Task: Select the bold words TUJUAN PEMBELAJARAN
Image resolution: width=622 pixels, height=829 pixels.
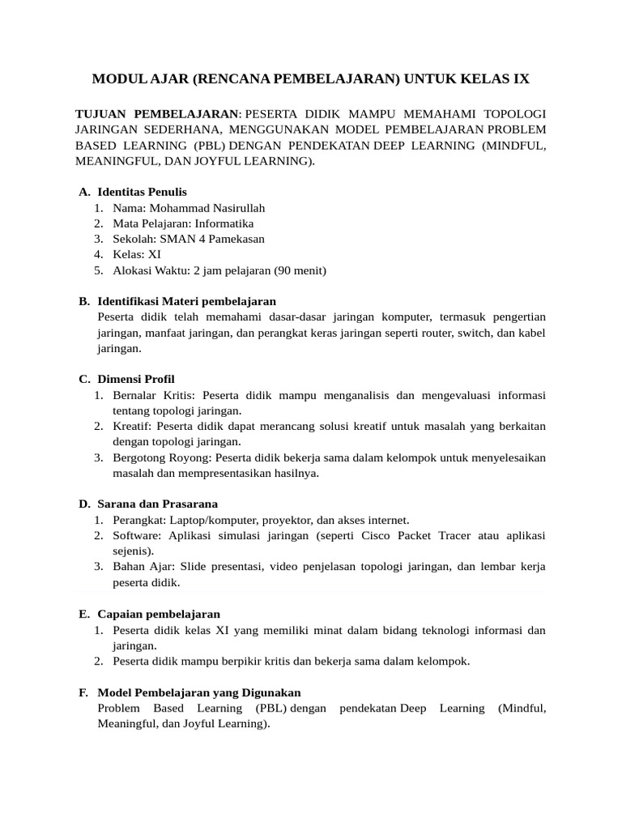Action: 157,113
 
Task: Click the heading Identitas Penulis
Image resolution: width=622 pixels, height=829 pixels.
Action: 142,192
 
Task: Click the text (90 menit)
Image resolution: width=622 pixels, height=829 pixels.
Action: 300,270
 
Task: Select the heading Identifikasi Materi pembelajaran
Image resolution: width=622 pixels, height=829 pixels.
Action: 186,301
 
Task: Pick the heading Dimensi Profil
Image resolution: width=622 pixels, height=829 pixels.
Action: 135,380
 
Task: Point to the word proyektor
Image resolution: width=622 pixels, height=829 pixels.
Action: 301,520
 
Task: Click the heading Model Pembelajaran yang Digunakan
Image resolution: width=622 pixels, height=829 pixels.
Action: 198,693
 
